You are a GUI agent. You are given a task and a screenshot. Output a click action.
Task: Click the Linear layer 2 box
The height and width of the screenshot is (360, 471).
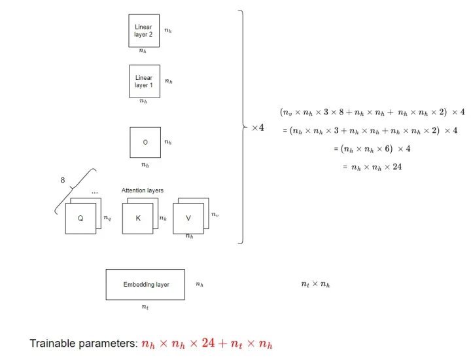[143, 31]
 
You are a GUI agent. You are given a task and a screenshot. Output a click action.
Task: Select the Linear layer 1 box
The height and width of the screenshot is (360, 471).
[144, 81]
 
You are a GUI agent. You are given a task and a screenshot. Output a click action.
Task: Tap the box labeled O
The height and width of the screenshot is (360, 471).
[145, 142]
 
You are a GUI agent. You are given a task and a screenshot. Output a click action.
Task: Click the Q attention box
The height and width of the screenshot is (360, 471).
[80, 218]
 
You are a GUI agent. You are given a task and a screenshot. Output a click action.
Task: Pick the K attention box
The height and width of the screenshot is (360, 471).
[138, 218]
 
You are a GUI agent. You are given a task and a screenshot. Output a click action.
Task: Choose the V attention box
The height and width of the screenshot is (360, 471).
[189, 218]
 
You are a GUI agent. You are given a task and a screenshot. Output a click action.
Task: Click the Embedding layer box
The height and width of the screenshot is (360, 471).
[145, 285]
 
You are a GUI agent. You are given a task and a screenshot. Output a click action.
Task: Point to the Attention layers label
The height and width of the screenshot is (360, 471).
[142, 190]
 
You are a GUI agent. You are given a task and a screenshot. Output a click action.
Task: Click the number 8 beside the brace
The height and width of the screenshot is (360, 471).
[63, 180]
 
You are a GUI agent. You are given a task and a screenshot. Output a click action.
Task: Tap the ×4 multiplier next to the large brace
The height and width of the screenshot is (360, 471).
[258, 128]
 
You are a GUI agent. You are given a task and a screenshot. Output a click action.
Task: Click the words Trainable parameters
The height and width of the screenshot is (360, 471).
[83, 344]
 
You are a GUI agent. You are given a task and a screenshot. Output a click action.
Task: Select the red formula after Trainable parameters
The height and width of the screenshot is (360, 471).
[207, 344]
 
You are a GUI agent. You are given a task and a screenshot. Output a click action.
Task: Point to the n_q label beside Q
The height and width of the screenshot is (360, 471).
[107, 218]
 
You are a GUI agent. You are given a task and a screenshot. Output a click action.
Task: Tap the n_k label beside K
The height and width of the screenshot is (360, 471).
[163, 218]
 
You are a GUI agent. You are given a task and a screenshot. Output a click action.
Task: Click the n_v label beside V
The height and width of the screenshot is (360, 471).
[215, 213]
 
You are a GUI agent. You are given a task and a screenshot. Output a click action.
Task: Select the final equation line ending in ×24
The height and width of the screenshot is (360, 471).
[372, 167]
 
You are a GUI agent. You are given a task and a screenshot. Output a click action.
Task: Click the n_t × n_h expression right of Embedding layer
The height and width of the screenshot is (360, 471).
[315, 284]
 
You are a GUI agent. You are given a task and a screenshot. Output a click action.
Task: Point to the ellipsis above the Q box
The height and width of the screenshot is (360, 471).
[95, 192]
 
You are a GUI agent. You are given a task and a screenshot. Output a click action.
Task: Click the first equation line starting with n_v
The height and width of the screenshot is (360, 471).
[372, 112]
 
